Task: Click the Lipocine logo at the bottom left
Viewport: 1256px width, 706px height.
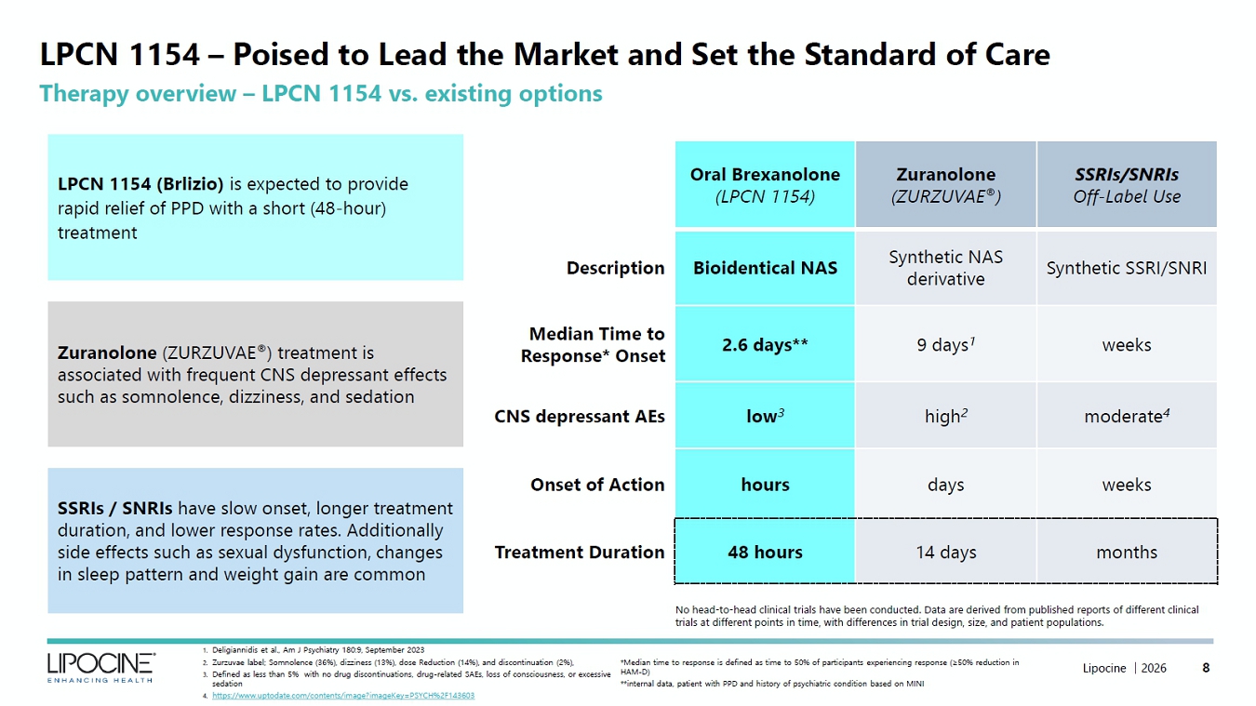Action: (100, 667)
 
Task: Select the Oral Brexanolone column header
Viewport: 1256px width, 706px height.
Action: (765, 184)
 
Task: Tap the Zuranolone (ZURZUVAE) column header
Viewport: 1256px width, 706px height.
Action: (946, 184)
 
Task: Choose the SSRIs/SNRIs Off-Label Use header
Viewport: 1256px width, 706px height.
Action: (1127, 184)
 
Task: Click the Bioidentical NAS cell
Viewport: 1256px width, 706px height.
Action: (765, 268)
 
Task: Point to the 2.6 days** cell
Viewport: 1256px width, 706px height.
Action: (765, 344)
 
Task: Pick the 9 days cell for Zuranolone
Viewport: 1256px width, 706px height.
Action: (946, 344)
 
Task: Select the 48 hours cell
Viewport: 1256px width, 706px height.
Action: (765, 552)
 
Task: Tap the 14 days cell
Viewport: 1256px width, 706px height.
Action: (946, 552)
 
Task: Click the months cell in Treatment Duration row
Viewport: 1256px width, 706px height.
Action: (1127, 552)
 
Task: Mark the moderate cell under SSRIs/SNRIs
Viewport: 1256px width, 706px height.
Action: (1127, 416)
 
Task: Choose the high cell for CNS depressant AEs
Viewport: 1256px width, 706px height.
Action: (946, 416)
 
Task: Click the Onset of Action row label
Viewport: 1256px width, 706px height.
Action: (597, 485)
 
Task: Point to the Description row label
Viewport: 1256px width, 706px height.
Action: (615, 268)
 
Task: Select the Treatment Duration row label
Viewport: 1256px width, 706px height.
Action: (580, 553)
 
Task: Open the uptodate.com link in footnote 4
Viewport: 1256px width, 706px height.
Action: (343, 696)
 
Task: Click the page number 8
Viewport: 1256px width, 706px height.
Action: (1206, 668)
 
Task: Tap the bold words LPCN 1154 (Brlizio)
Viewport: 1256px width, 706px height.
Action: (140, 184)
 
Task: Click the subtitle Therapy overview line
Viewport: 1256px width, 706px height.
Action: (321, 93)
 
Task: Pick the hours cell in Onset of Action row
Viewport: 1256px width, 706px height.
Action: (765, 485)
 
